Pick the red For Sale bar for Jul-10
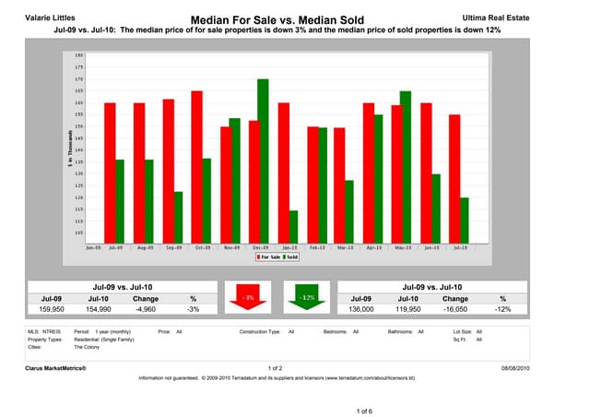click(x=455, y=177)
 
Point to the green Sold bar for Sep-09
click(x=178, y=217)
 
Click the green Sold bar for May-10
click(x=380, y=166)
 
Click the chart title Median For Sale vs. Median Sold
click(x=277, y=19)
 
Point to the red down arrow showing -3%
click(x=249, y=302)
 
